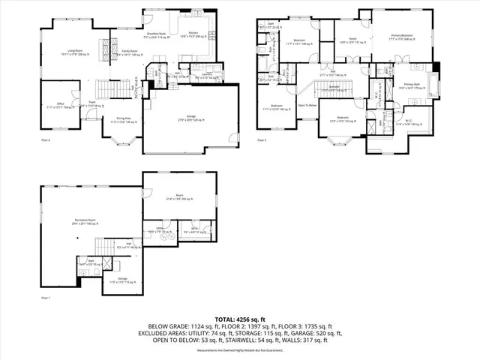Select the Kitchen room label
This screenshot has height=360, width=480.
[x=193, y=33]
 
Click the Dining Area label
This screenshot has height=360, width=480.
[x=121, y=118]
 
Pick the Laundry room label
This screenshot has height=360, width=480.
[x=207, y=75]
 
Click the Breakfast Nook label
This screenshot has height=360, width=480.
[x=156, y=33]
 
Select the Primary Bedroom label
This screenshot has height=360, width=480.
[x=403, y=35]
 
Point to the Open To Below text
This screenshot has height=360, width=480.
[x=307, y=106]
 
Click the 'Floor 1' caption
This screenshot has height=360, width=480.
[x=46, y=298]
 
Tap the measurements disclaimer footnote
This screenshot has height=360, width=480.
[x=239, y=349]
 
